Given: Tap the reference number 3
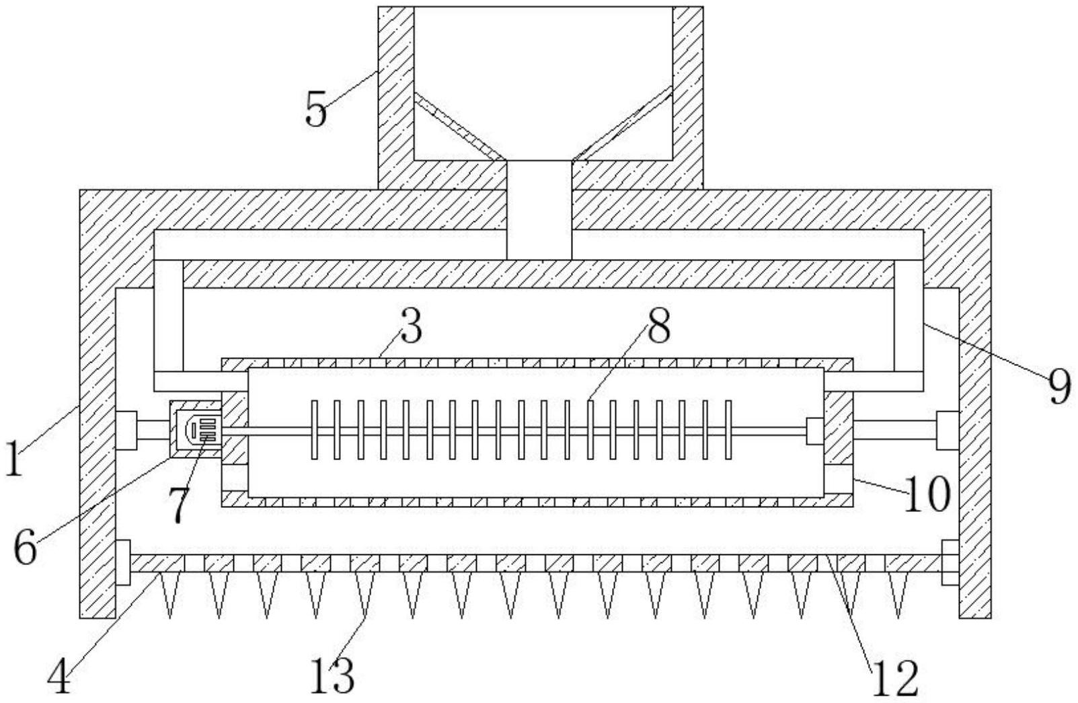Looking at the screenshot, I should (x=410, y=327).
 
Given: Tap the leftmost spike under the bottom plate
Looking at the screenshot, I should (x=169, y=595).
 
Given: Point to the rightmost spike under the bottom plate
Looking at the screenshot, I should (x=898, y=595).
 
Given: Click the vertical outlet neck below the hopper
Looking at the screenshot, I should (x=539, y=210).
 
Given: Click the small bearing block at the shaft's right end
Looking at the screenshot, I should (x=814, y=431).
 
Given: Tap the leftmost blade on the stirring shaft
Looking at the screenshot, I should (x=315, y=430).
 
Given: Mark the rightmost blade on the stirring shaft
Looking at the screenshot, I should (x=728, y=430).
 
